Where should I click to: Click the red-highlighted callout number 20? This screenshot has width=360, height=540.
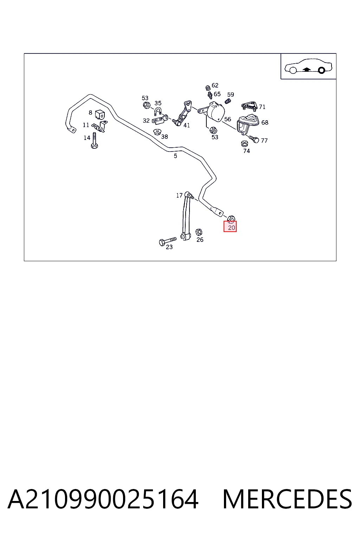coord(231,227)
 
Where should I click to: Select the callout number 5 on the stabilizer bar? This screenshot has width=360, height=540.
coord(175,156)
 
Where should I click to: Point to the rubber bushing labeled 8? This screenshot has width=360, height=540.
coord(99,115)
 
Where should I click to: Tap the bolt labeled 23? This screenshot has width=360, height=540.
coord(168,241)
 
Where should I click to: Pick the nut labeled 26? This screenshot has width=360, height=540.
coord(199,232)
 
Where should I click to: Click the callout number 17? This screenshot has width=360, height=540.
coord(179,195)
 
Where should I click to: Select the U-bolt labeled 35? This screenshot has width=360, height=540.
coord(158,112)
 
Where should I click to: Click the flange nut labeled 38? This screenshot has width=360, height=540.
coord(157,132)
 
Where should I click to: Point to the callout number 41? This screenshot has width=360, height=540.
coord(187,126)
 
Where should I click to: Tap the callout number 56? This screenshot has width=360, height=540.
coord(227,119)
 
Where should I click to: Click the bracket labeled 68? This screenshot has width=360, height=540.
coord(247,124)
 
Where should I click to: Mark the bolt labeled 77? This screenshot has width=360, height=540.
coord(254,139)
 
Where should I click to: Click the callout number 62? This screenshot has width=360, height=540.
coord(215,85)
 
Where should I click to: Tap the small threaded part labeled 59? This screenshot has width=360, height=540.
coord(227,102)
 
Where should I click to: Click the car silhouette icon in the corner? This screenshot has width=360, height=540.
coord(308,66)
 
